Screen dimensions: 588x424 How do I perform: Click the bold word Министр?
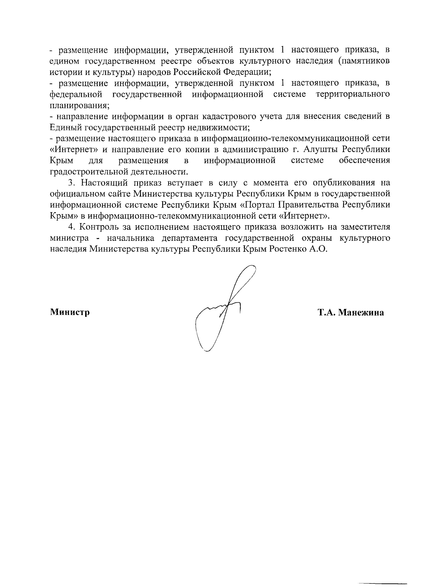point(70,313)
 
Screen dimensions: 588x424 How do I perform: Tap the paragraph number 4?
point(72,227)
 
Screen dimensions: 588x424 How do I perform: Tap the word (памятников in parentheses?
point(364,61)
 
